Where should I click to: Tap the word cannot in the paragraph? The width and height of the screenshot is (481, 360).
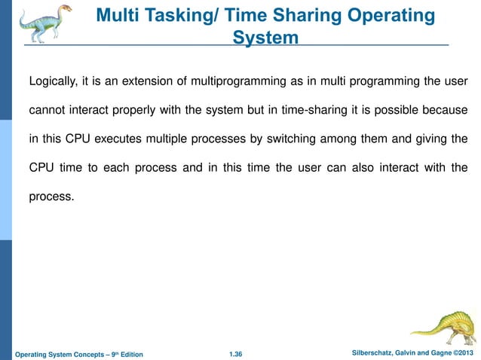[47, 111]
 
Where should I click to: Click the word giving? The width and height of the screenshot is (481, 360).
[427, 139]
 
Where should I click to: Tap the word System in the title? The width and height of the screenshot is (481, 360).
[265, 37]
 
